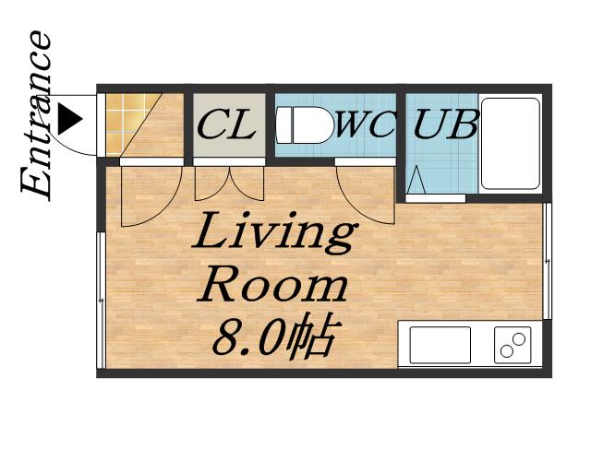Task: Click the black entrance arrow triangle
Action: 70,120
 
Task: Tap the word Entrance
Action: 37,115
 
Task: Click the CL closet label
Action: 227,124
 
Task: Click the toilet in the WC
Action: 305,125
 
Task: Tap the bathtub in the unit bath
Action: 511,144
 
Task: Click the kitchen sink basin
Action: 440,345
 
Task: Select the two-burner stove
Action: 513,345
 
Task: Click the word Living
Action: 274,232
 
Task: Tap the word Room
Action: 271,285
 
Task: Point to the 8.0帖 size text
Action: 273,336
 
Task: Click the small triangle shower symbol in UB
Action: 416,180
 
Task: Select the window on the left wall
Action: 101,300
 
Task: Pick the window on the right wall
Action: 548,261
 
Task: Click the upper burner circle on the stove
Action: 519,338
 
